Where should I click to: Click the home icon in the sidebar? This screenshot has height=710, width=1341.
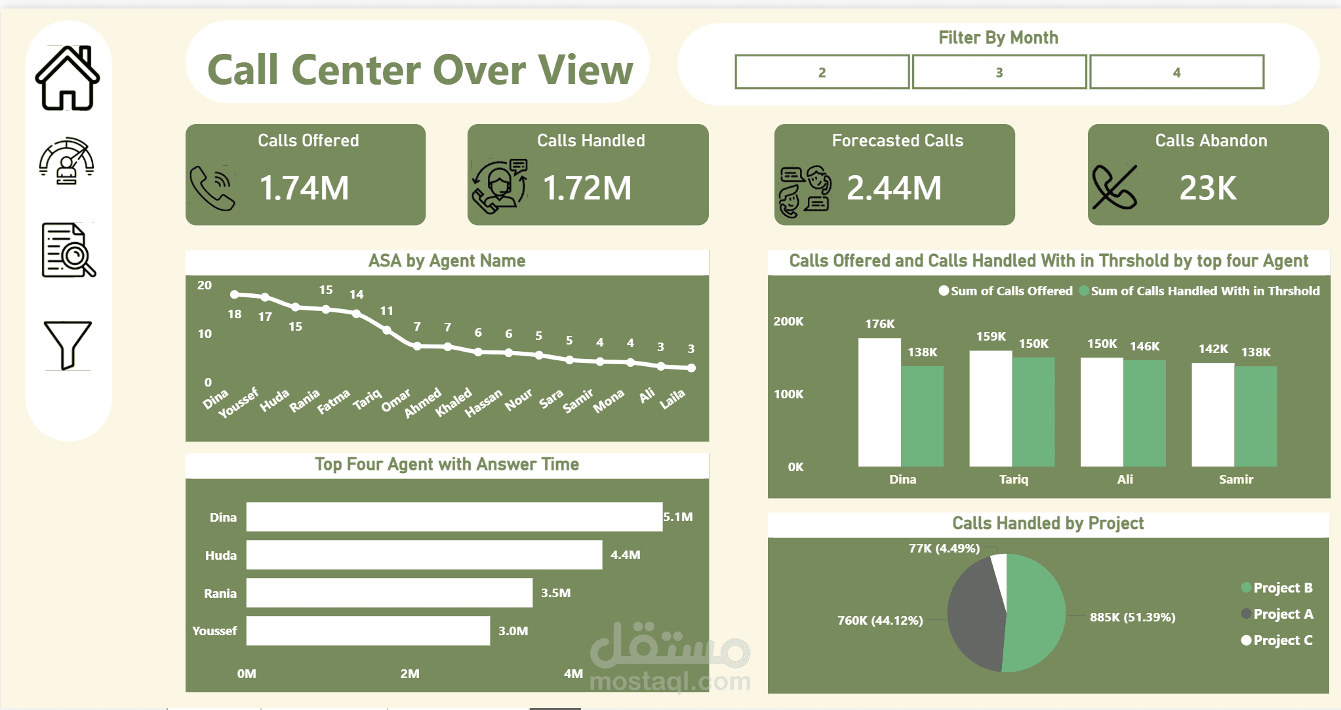(x=68, y=78)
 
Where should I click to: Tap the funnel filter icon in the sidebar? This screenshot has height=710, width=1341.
(x=67, y=345)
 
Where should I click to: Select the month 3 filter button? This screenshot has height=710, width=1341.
(x=999, y=72)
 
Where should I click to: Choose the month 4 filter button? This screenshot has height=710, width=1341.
(x=1176, y=72)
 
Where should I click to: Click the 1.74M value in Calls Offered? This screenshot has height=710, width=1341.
(x=304, y=188)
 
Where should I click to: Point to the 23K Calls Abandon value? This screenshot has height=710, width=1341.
(x=1207, y=188)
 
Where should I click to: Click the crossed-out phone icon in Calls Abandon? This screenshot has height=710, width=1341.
(x=1114, y=187)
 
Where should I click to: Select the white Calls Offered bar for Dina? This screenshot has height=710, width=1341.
(x=879, y=402)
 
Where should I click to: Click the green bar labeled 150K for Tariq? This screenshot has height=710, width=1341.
(x=1033, y=412)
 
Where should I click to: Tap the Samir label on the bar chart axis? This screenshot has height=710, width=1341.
(x=1235, y=480)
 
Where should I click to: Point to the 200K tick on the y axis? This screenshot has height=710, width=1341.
(x=788, y=322)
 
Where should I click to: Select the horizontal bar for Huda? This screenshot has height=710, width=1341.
(x=424, y=555)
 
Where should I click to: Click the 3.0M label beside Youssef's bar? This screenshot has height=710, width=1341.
(x=513, y=631)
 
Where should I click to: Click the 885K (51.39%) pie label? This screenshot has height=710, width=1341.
(x=1132, y=617)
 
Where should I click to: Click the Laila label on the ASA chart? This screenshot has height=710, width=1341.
(x=673, y=398)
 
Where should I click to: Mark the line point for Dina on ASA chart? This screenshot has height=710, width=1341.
(x=235, y=295)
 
